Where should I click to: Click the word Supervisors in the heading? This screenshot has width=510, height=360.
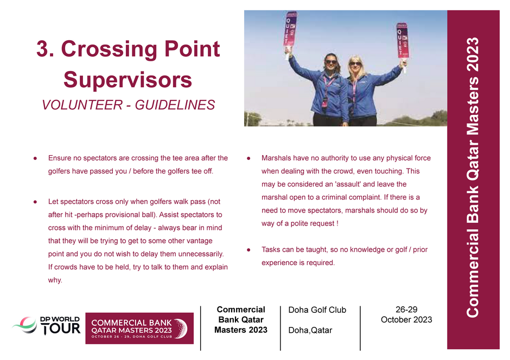(x=128, y=80)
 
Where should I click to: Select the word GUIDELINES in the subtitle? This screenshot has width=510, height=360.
(x=175, y=105)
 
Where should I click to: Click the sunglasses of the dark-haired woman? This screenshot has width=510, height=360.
(x=331, y=62)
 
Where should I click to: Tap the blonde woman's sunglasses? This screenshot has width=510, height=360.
(x=355, y=63)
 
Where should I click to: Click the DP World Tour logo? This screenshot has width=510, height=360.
(x=46, y=325)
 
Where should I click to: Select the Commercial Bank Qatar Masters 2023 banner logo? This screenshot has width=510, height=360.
(x=139, y=328)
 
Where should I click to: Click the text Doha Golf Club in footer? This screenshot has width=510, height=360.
(x=317, y=310)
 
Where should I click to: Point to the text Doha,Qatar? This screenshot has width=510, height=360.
(x=310, y=330)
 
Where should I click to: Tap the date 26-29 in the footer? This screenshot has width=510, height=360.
(x=406, y=310)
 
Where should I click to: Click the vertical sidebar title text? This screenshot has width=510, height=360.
(x=473, y=177)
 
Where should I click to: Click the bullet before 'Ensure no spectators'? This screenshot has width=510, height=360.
(x=35, y=158)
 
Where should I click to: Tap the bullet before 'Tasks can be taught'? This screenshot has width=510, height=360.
(x=248, y=250)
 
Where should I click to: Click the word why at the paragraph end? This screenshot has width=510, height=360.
(x=55, y=280)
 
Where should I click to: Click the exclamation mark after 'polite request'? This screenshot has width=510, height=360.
(x=337, y=223)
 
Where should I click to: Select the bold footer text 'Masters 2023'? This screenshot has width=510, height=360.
(x=241, y=330)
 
